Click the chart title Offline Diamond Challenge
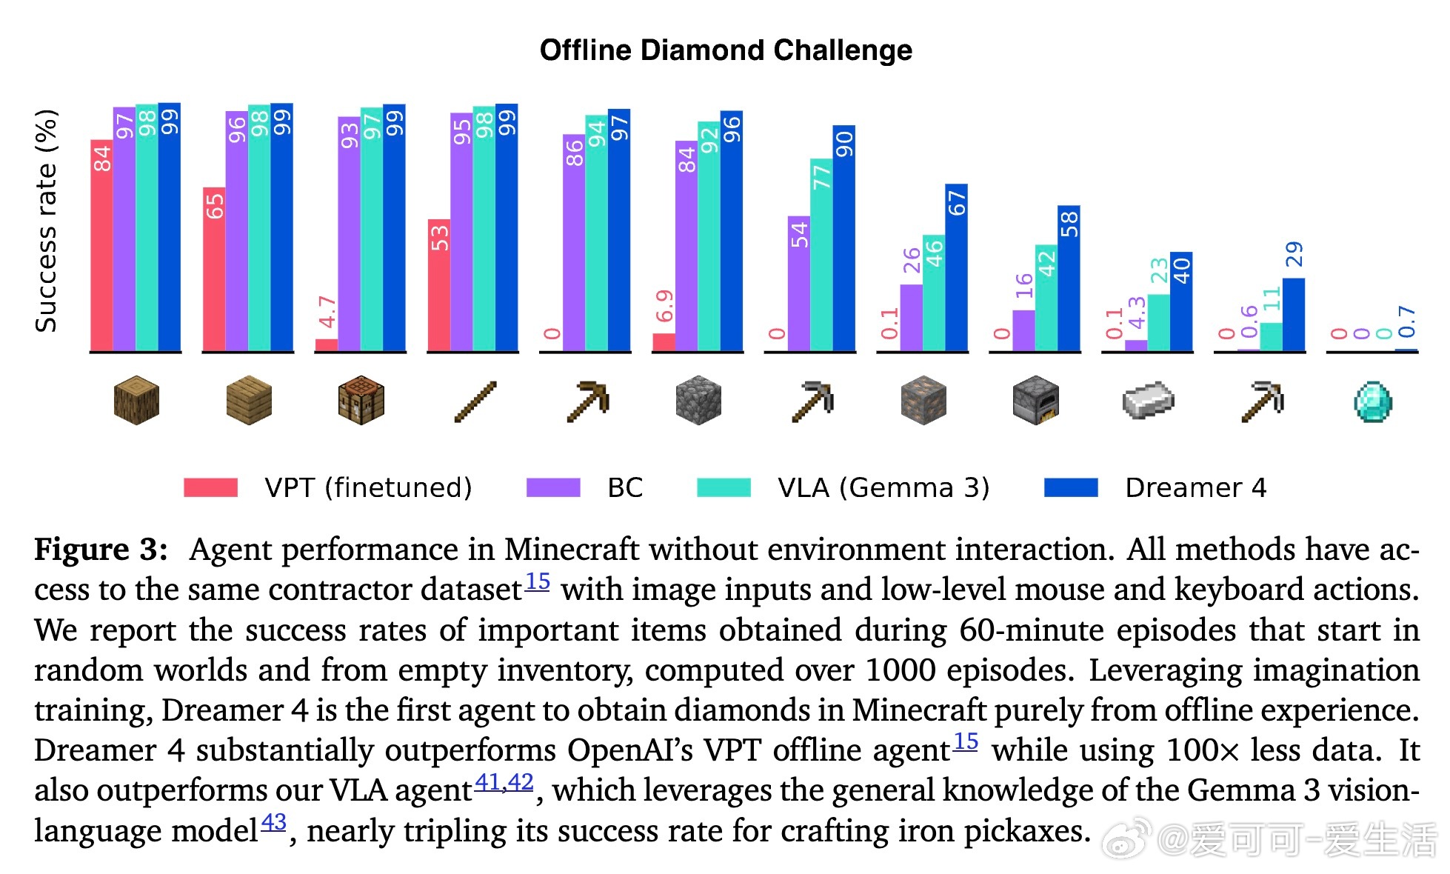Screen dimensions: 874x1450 [x=726, y=50]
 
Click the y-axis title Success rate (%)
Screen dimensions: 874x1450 [x=46, y=221]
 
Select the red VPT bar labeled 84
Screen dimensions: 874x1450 [x=101, y=244]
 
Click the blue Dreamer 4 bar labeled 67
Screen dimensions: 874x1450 [x=956, y=267]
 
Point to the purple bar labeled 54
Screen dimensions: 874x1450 [x=799, y=283]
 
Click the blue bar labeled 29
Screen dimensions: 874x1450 [x=1293, y=314]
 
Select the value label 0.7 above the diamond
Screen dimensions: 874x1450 [x=1406, y=321]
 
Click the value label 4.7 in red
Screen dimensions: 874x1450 [x=327, y=313]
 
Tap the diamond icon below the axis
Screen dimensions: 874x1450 [x=1372, y=402]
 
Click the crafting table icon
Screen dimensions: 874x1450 [x=361, y=401]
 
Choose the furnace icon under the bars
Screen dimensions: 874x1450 [x=1035, y=401]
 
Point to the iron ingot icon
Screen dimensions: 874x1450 [x=1148, y=401]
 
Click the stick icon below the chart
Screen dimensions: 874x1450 [x=475, y=402]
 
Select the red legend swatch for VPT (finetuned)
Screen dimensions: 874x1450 [x=211, y=487]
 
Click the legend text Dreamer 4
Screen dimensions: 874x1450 [x=1195, y=487]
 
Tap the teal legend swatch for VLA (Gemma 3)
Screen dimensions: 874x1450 [x=724, y=487]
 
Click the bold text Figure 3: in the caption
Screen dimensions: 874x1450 [x=101, y=550]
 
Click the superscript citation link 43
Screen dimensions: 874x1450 [x=273, y=821]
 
